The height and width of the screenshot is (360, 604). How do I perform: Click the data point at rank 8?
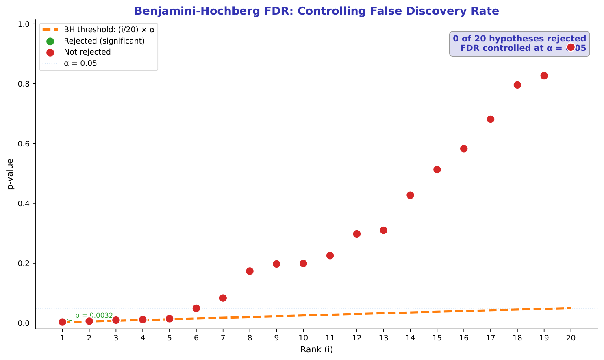click(x=250, y=271)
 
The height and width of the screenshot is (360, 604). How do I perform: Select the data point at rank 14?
click(x=410, y=195)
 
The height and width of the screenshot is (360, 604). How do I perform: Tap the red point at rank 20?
click(x=571, y=47)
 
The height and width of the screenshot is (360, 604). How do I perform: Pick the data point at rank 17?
click(x=491, y=119)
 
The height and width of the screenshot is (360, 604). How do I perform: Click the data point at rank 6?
click(x=196, y=308)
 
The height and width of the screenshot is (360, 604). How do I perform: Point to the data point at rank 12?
click(x=357, y=234)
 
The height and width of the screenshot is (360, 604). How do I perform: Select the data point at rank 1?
click(x=63, y=322)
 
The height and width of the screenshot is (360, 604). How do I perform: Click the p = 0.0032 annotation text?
click(x=94, y=315)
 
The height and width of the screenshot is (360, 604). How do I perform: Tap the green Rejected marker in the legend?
click(x=50, y=41)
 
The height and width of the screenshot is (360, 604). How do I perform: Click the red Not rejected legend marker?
click(x=50, y=52)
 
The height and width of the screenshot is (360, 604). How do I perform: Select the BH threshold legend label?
click(x=109, y=30)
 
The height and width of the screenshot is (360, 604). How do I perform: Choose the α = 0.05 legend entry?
click(x=80, y=63)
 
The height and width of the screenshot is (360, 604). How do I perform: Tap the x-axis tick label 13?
click(x=383, y=338)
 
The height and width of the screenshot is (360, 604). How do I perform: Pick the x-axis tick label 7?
click(x=223, y=338)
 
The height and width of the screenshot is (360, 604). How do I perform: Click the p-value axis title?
click(x=11, y=174)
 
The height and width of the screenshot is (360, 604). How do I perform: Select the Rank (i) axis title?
click(x=316, y=349)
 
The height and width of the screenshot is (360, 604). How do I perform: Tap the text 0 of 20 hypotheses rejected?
click(x=519, y=39)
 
